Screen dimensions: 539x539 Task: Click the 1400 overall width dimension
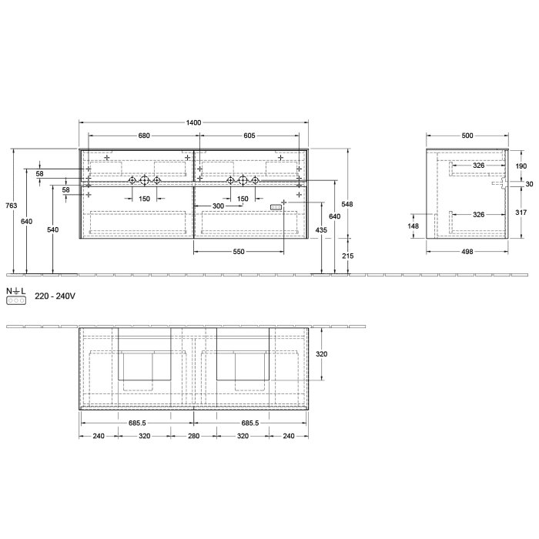pyautogui.click(x=193, y=122)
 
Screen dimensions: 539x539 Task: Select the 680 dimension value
pyautogui.click(x=144, y=136)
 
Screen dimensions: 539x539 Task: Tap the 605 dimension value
pyautogui.click(x=249, y=136)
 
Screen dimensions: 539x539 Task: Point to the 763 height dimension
pyautogui.click(x=11, y=206)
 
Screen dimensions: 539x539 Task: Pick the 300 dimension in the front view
pyautogui.click(x=218, y=206)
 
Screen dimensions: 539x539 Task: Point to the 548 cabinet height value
pyautogui.click(x=347, y=204)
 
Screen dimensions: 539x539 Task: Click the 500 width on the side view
pyautogui.click(x=467, y=136)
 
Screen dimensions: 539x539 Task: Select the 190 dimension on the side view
pyautogui.click(x=520, y=166)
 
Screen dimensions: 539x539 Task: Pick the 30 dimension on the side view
pyautogui.click(x=528, y=184)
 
